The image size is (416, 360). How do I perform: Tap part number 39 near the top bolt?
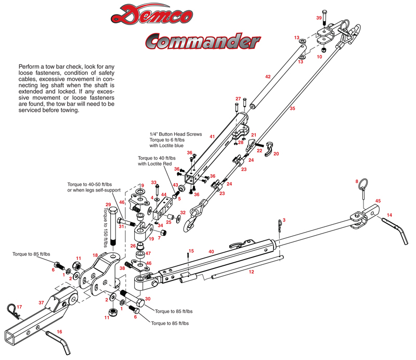point(320,18)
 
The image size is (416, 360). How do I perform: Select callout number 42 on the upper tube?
point(268,76)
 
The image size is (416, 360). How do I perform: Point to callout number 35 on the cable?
point(292,109)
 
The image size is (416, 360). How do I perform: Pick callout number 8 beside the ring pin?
point(357,181)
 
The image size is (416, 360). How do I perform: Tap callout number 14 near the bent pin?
point(404,214)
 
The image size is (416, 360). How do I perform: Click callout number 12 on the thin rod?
point(251,272)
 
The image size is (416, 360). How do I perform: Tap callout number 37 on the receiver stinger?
point(41,302)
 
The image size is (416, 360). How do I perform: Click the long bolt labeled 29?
point(113,229)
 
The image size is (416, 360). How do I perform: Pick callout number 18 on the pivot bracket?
point(95,255)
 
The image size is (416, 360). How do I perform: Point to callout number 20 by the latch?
point(276,153)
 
